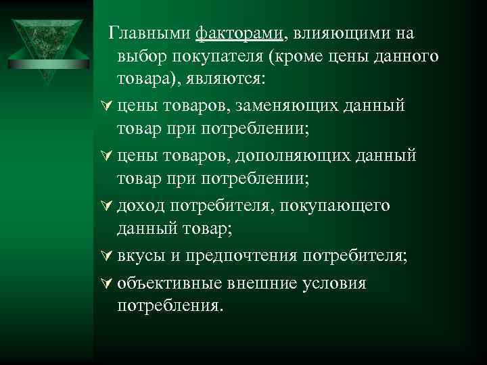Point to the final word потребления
[169, 306]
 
